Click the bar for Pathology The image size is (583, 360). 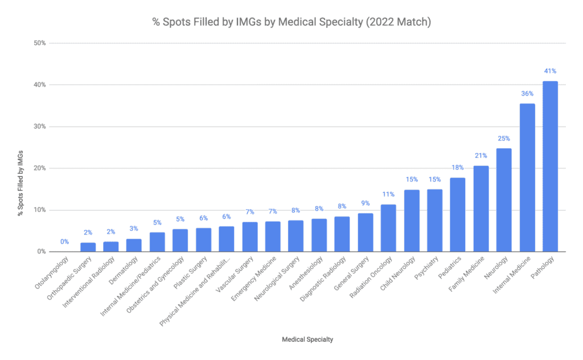tap(550, 166)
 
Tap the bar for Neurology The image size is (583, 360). tap(504, 200)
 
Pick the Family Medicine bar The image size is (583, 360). tap(481, 208)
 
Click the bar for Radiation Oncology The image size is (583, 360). tap(388, 228)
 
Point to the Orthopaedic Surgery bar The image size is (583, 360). tap(88, 247)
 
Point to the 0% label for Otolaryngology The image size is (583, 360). tap(64, 242)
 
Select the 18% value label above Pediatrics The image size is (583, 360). tap(458, 167)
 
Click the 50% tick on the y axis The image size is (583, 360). tap(39, 43)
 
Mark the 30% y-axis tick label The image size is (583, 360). tap(39, 126)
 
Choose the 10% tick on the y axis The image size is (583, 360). tap(39, 210)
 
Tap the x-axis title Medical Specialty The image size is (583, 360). tap(307, 339)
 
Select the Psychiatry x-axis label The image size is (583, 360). tap(426, 268)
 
